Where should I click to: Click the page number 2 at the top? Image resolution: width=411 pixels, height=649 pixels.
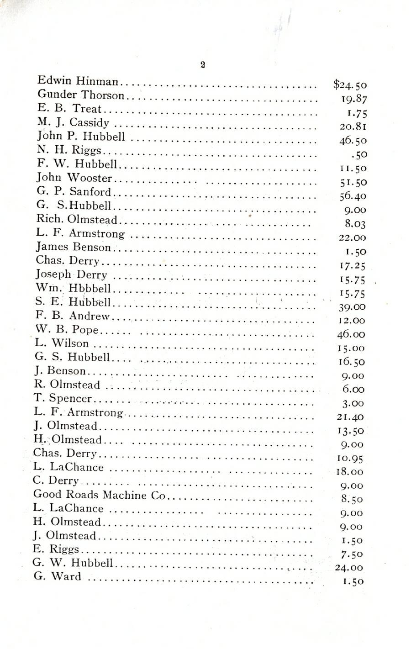pyautogui.click(x=203, y=65)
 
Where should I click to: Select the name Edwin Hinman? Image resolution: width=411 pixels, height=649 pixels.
pyautogui.click(x=78, y=81)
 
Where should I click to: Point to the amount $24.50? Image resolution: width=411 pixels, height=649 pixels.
pyautogui.click(x=350, y=84)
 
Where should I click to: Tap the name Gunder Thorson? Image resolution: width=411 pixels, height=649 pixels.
pyautogui.click(x=80, y=95)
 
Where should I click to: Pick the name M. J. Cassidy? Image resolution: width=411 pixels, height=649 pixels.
pyautogui.click(x=73, y=122)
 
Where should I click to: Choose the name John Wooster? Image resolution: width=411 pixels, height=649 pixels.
pyautogui.click(x=74, y=178)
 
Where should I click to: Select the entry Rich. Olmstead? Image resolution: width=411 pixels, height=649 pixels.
pyautogui.click(x=77, y=220)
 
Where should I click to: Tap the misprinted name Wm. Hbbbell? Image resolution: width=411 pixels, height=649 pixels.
pyautogui.click(x=73, y=288)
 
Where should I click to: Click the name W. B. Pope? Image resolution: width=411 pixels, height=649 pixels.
pyautogui.click(x=66, y=330)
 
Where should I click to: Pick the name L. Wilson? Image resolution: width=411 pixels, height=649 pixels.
pyautogui.click(x=62, y=343)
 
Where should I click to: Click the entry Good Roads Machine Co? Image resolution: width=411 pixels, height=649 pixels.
pyautogui.click(x=99, y=495)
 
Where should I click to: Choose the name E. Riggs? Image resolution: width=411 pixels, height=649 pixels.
pyautogui.click(x=56, y=549)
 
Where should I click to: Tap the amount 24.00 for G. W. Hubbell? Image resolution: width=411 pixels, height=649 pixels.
pyautogui.click(x=347, y=568)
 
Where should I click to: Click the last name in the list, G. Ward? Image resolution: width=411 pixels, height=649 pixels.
pyautogui.click(x=57, y=576)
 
